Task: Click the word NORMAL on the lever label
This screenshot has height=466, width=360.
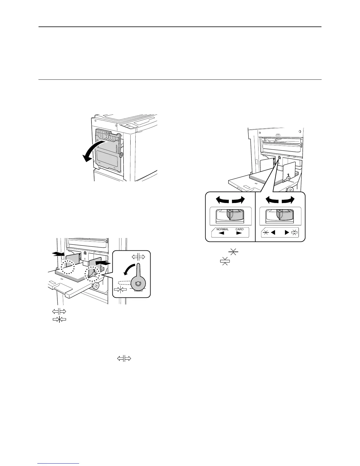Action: (222, 229)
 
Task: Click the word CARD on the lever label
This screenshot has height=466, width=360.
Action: (239, 229)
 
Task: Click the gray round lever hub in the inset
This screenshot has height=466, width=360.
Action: (136, 284)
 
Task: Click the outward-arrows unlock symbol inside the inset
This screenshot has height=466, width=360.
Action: (138, 257)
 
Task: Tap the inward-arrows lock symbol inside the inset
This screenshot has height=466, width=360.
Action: (120, 289)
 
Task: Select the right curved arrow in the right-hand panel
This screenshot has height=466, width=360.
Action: (288, 200)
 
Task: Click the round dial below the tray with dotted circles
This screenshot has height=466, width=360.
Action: (96, 286)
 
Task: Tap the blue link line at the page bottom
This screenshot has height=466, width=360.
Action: (59, 464)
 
